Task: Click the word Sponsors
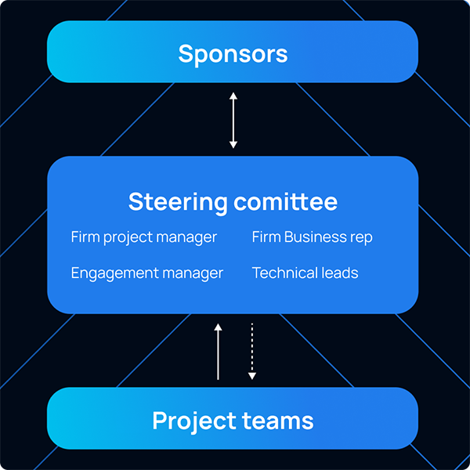tap(233, 53)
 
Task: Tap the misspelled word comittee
tap(285, 201)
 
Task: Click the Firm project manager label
tap(143, 237)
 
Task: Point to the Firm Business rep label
tap(312, 237)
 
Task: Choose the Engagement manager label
tap(147, 273)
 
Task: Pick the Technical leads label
tap(305, 273)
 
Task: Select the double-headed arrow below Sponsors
tap(233, 120)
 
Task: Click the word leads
tap(340, 273)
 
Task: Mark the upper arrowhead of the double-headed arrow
tap(233, 96)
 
